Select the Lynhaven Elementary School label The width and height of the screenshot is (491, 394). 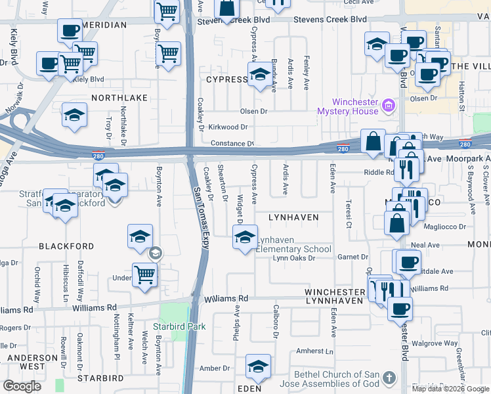coord(293,245)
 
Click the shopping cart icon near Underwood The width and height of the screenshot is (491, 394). coord(144,275)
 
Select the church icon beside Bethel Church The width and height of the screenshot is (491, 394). coord(389,378)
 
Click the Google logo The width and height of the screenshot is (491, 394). coord(22,386)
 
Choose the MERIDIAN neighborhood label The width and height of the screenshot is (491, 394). coord(104,25)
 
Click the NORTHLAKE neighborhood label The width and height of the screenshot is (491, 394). coord(119,97)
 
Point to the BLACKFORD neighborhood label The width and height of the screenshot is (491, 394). coord(66,246)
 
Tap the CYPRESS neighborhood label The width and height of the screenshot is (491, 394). coord(226,79)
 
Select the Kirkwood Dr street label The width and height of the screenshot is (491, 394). coord(229,127)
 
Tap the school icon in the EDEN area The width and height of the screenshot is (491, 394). coord(258,368)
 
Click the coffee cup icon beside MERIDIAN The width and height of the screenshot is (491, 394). coord(69,30)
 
